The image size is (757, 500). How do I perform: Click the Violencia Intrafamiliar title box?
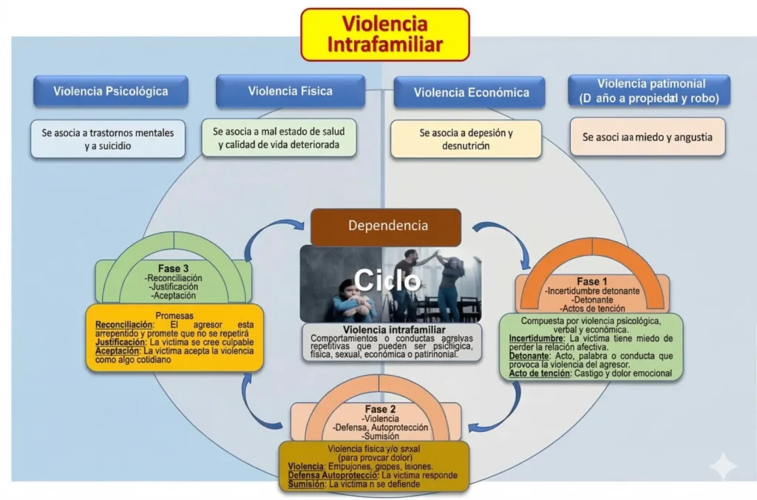384,35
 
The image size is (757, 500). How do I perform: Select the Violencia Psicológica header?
110,92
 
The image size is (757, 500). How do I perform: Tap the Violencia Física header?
290,92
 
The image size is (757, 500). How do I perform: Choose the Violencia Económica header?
471,92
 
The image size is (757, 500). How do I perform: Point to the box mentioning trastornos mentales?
109,139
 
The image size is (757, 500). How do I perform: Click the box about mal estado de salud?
279,138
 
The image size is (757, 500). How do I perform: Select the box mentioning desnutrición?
466,139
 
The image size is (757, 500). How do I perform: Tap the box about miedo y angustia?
648,137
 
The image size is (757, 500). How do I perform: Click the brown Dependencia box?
385,227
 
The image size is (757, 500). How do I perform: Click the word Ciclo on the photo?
387,280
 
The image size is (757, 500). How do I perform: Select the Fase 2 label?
381,409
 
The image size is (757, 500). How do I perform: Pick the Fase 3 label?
174,268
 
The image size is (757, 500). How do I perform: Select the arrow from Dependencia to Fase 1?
510,243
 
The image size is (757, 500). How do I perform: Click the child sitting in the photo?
345,300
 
